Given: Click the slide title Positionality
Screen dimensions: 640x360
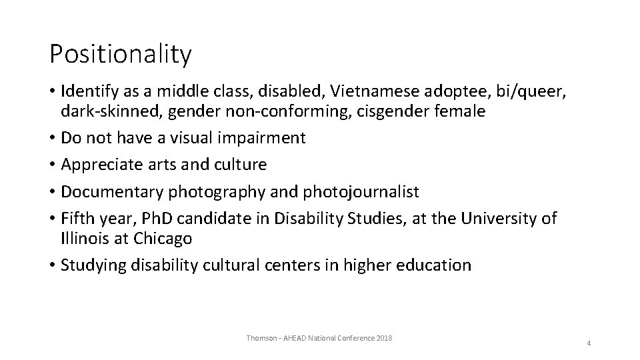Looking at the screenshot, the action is coord(121,54).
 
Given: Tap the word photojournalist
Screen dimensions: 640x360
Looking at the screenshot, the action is coord(361,192).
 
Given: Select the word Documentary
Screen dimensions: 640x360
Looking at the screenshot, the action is coord(112,192).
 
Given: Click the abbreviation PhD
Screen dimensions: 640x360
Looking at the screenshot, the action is coord(157,219).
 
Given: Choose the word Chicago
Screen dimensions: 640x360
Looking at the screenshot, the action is coord(163,239).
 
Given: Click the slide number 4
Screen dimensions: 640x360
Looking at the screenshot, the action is coord(589,343).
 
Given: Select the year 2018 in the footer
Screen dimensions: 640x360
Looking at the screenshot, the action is coord(384,338).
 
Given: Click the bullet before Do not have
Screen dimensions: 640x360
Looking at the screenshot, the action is coord(52,138).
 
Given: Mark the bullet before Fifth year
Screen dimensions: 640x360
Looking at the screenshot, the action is coord(52,219).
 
